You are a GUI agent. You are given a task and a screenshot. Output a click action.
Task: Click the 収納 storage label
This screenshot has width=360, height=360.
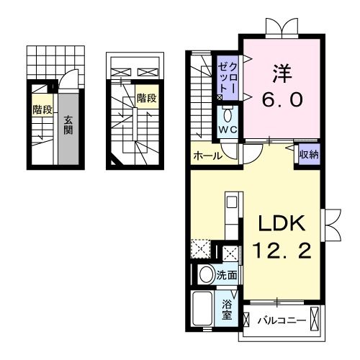click(x=310, y=153)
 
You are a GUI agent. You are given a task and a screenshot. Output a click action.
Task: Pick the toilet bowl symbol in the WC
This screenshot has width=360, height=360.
click(x=228, y=115)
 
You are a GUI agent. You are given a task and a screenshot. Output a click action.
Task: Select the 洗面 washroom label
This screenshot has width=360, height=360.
click(x=227, y=274)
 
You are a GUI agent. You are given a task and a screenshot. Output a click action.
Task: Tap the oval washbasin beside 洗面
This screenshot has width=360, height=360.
click(x=205, y=274)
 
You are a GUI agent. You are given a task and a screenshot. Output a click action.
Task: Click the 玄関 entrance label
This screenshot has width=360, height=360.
click(x=68, y=125)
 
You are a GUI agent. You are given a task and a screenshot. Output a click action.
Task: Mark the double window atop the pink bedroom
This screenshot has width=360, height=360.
click(x=281, y=27)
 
